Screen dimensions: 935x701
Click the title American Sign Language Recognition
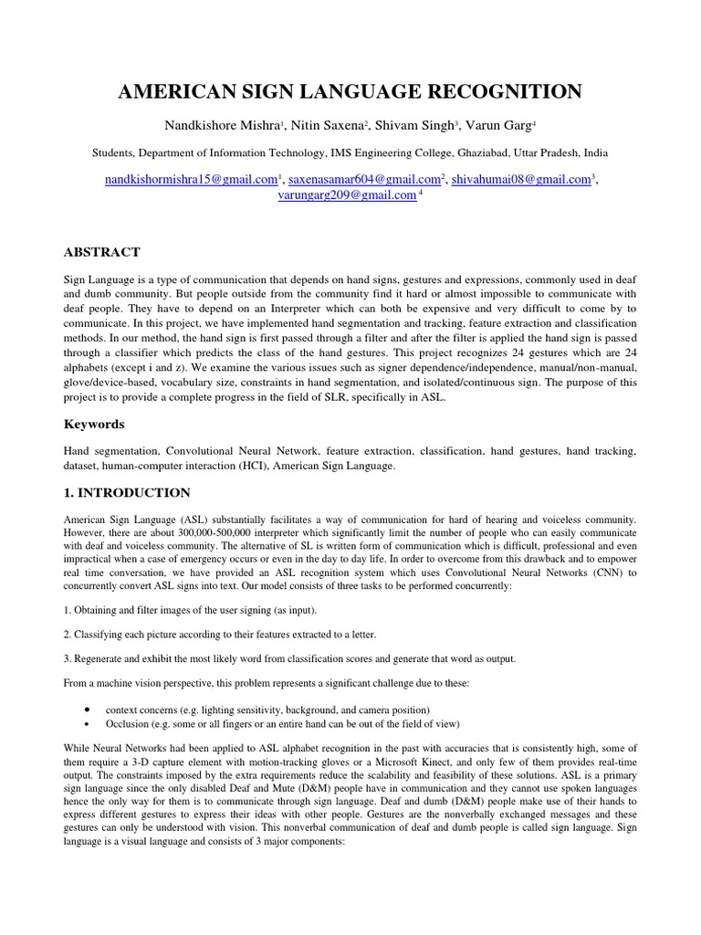point(350,90)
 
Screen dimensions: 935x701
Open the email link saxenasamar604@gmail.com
point(363,180)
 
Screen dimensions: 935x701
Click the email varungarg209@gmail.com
point(346,195)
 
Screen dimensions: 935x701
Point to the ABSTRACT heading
point(101,252)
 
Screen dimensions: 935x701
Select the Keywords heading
point(93,425)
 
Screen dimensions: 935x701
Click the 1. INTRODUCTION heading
point(127,493)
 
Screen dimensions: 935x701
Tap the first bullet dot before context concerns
point(85,709)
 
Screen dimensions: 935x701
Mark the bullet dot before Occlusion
point(85,723)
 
